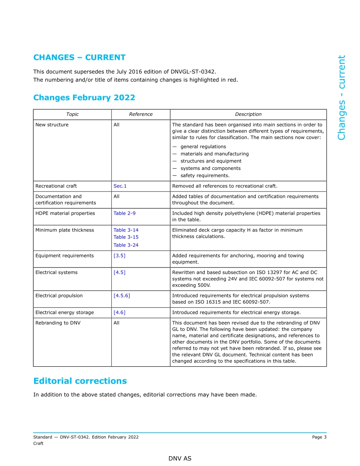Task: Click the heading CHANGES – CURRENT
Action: pos(79,58)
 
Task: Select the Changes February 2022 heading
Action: pos(84,98)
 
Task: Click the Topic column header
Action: pos(72,114)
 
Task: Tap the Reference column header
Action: pos(141,114)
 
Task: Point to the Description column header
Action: pos(248,114)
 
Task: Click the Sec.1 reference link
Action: pos(120,186)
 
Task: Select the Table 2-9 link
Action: pos(124,213)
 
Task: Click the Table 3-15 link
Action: pos(126,237)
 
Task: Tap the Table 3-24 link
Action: pos(126,245)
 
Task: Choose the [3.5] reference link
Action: pos(119,256)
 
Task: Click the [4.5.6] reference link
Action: pos(122,296)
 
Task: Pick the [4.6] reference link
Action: pos(119,313)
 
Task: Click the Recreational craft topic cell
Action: pos(56,186)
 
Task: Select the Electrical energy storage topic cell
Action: pos(64,313)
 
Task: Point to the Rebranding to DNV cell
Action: pos(58,323)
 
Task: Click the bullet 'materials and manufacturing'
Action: pos(214,154)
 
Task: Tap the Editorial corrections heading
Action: pos(80,381)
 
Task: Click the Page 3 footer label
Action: pos(319,437)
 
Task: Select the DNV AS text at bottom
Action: pos(180,458)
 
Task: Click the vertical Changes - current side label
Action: pos(341,98)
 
